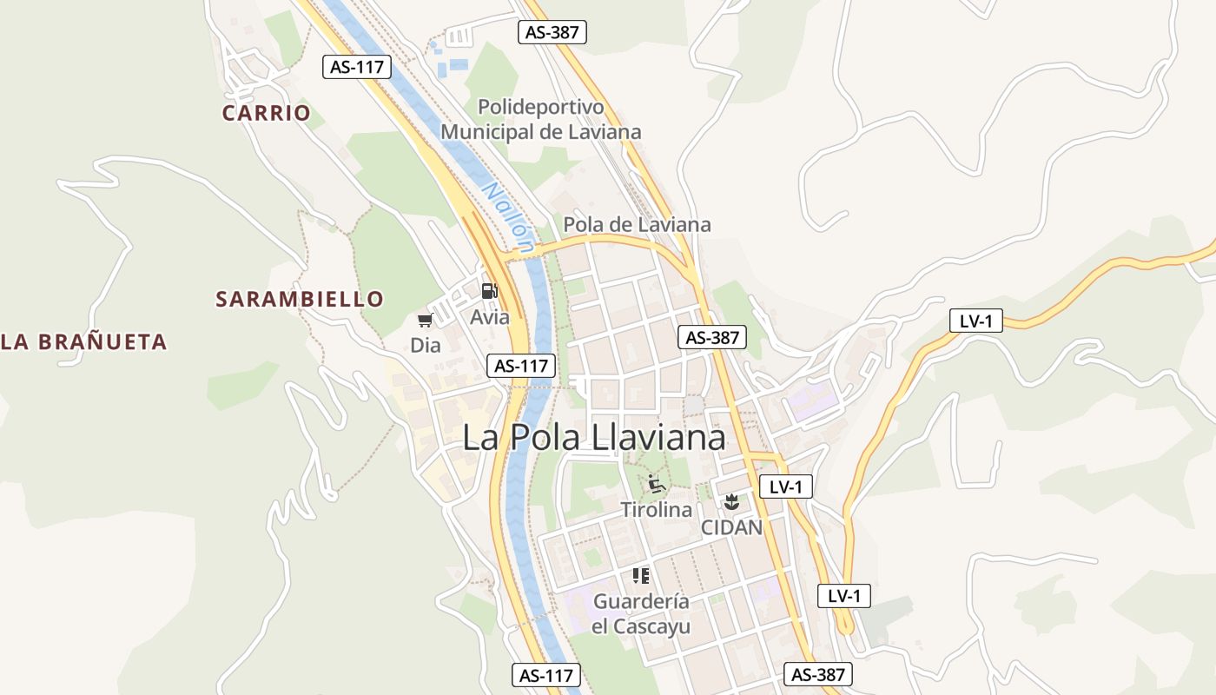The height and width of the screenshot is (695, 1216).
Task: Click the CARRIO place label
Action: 266,113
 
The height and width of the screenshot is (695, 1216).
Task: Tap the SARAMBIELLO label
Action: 299,300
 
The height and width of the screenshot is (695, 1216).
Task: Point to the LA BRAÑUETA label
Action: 83,342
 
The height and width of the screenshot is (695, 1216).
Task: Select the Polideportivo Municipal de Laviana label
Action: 541,120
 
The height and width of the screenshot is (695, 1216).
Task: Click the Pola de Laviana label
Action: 637,224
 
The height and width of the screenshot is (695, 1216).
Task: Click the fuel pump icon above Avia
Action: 490,291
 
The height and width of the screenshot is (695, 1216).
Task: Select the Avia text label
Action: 490,317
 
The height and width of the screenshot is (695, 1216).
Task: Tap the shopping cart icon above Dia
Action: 425,321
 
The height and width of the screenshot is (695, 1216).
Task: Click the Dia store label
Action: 426,346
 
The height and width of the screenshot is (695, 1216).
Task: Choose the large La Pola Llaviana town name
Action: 594,437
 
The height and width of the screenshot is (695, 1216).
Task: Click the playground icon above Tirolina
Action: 657,484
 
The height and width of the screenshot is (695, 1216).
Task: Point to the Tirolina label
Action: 657,510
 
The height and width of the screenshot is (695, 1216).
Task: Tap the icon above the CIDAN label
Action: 731,501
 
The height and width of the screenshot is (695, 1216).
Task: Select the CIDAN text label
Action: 731,527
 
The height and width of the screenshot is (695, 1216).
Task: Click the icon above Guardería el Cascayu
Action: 641,575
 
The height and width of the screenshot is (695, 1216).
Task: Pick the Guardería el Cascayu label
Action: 641,613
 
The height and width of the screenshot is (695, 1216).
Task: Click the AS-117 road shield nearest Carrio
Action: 356,67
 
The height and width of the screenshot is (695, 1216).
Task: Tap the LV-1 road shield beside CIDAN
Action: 785,486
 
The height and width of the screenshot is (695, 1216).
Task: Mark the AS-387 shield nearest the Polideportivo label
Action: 552,33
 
